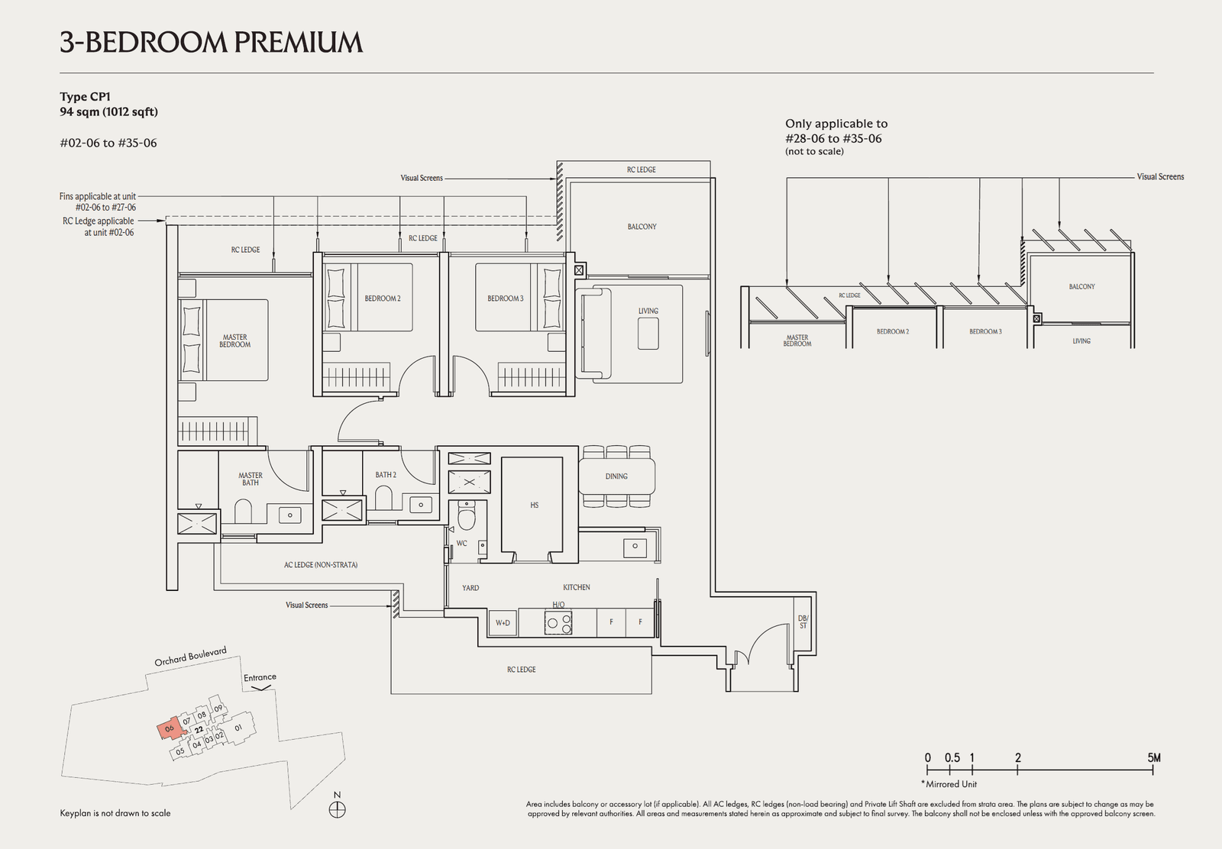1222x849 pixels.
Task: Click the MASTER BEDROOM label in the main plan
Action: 234,341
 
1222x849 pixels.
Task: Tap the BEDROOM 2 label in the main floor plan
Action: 382,299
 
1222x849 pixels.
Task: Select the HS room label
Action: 534,505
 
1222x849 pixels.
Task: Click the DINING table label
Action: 616,476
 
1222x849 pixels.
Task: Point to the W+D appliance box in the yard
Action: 503,623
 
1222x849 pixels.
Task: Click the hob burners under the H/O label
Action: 558,623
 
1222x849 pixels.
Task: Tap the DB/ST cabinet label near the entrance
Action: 803,622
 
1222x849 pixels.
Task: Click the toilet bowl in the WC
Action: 465,518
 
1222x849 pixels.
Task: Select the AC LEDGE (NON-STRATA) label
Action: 321,566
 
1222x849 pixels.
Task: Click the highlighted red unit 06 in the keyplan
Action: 169,728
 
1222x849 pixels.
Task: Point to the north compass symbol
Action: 337,809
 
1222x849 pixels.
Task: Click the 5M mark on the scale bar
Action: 1153,758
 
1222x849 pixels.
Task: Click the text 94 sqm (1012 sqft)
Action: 109,112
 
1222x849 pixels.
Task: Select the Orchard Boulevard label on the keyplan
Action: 190,657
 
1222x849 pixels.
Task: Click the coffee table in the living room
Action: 648,333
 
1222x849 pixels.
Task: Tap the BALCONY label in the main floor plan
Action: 642,227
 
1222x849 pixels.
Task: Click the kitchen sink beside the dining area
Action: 633,547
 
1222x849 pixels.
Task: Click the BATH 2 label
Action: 386,475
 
